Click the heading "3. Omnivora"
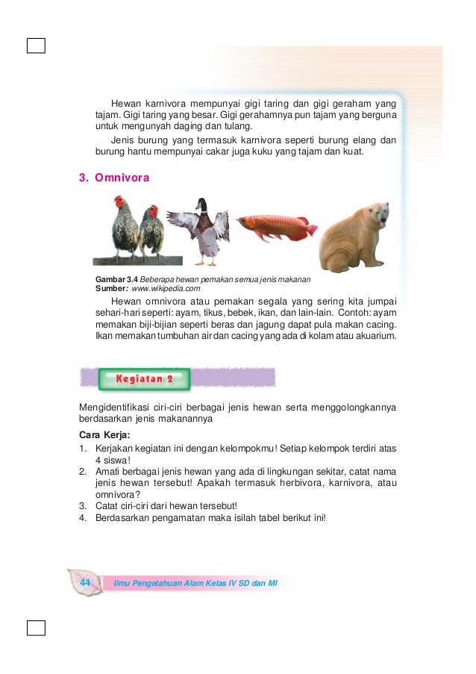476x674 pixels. click(114, 178)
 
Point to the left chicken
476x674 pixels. click(125, 230)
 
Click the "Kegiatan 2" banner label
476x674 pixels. click(144, 378)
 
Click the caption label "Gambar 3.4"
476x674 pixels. click(116, 279)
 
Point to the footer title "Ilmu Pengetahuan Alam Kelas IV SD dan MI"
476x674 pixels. click(195, 582)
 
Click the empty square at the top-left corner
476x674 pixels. click(36, 46)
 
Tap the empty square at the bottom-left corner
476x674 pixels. click(36, 628)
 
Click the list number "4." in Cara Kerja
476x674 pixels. click(84, 518)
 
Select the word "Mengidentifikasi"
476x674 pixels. click(112, 407)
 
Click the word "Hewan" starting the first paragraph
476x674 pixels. click(126, 104)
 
